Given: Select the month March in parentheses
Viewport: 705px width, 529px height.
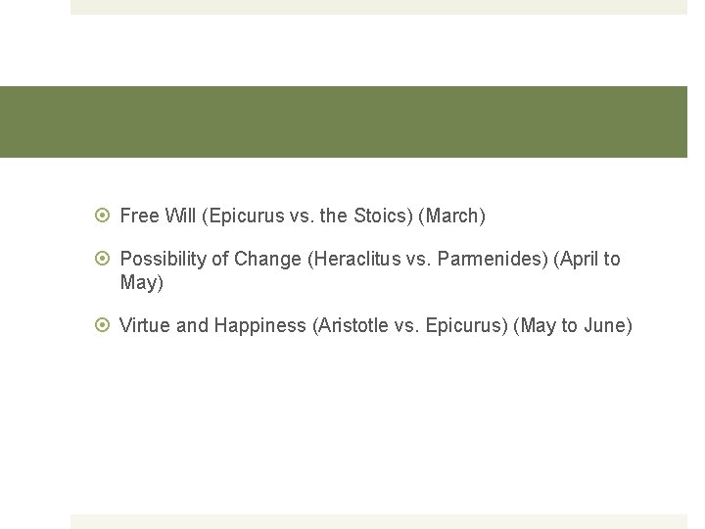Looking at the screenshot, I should click(x=451, y=216).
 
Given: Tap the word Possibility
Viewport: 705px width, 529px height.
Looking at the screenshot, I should click(x=163, y=260).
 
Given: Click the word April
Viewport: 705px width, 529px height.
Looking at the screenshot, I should click(x=580, y=260).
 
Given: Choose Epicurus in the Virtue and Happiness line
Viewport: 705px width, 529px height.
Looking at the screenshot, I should click(x=464, y=326).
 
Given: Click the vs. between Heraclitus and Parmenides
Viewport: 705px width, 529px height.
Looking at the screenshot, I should click(x=416, y=260).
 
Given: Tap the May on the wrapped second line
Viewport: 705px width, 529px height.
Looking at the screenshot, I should click(x=138, y=283).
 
